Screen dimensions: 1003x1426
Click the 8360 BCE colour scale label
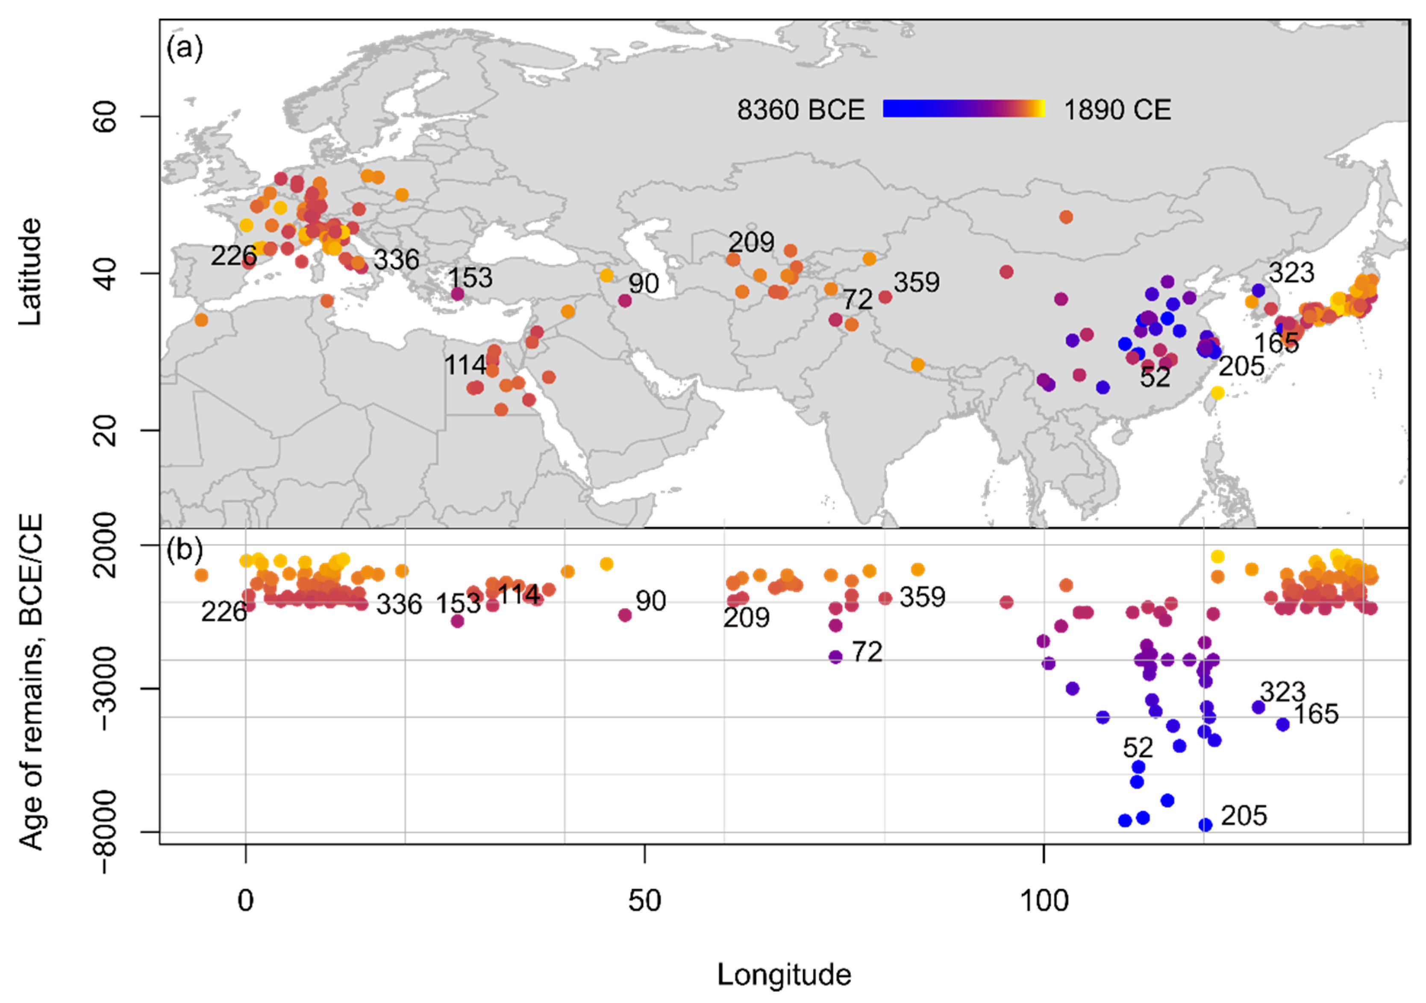[800, 110]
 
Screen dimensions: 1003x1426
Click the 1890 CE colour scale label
[1117, 110]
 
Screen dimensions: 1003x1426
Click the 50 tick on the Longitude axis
[645, 901]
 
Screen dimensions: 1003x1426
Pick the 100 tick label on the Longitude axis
[1044, 901]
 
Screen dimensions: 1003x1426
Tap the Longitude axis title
[784, 974]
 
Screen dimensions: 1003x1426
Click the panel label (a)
[185, 48]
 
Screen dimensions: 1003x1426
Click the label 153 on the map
[470, 278]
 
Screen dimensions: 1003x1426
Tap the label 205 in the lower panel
[1244, 815]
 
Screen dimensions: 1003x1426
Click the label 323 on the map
[1291, 273]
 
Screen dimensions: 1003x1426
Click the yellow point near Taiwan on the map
[1217, 392]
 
